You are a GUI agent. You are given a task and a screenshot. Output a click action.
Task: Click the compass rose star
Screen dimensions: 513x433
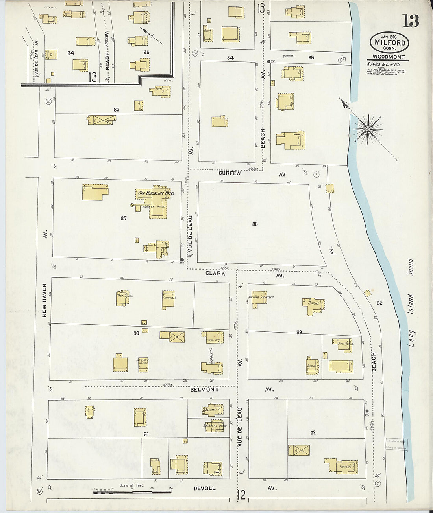[x=367, y=129]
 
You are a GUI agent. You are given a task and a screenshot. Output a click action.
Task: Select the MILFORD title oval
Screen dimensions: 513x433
[x=389, y=42]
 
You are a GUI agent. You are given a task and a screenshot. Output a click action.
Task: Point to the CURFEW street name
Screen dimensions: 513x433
[x=230, y=173]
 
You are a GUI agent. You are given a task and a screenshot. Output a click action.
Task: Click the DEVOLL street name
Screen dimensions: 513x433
[x=204, y=489]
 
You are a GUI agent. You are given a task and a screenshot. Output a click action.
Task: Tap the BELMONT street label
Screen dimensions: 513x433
[x=204, y=390]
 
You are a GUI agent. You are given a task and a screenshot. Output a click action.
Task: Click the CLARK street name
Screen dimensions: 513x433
[x=215, y=273]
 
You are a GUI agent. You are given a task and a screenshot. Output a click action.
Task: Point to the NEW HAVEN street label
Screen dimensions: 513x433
[x=44, y=300]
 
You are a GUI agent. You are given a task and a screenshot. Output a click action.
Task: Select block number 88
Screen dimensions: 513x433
[x=255, y=224]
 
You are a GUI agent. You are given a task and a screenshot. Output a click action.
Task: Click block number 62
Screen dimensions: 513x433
[x=313, y=433]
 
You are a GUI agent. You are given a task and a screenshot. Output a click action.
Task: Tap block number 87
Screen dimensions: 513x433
[x=124, y=218]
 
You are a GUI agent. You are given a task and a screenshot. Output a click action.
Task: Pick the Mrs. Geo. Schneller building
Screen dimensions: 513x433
[x=259, y=298]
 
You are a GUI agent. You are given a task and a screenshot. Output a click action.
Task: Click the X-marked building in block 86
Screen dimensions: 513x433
[x=102, y=120]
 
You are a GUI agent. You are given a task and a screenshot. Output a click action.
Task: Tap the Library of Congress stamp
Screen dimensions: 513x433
[x=396, y=444]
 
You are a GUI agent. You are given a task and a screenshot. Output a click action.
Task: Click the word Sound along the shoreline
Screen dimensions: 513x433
[x=411, y=267]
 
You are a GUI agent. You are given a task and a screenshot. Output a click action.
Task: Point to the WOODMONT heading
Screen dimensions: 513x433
[x=389, y=57]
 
